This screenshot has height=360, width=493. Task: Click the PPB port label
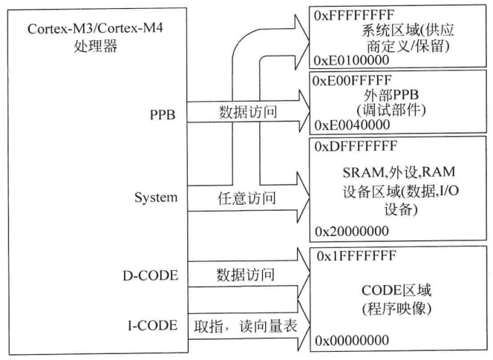tap(160, 116)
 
